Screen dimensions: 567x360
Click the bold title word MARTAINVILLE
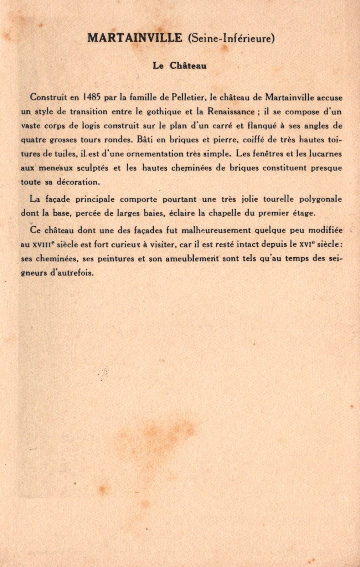point(135,38)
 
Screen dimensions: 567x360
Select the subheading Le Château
point(180,66)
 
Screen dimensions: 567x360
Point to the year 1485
point(92,97)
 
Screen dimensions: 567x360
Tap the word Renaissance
point(231,112)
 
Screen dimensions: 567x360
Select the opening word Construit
point(48,97)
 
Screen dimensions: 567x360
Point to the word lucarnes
point(325,154)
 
